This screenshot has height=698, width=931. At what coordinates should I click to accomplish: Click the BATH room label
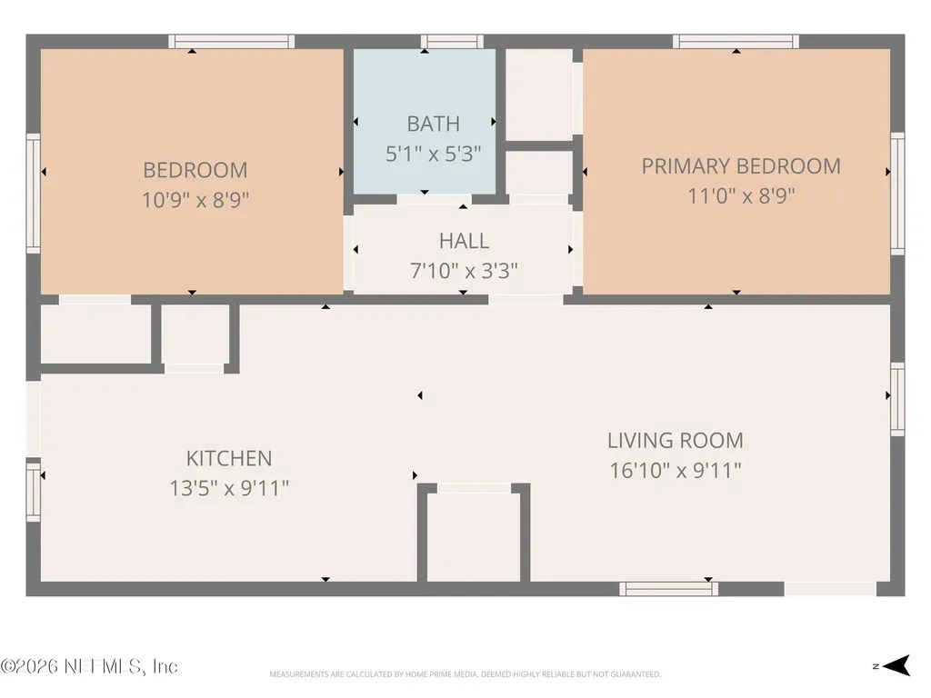(x=434, y=124)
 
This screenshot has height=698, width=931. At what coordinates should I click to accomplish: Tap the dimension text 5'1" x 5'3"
(x=434, y=154)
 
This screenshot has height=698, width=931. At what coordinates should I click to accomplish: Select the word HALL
(x=465, y=240)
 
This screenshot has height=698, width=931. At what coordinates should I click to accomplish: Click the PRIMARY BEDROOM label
(x=741, y=165)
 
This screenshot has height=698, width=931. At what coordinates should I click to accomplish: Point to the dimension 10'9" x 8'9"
(x=195, y=200)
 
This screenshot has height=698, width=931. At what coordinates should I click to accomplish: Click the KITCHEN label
(x=229, y=458)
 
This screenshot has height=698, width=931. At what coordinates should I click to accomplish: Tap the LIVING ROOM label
(x=676, y=441)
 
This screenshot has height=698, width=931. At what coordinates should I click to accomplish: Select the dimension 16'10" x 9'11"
(x=676, y=471)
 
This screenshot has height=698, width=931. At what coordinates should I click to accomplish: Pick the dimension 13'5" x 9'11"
(x=229, y=488)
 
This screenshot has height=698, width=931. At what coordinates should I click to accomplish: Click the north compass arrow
(x=896, y=665)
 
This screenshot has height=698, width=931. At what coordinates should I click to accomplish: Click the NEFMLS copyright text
(x=89, y=666)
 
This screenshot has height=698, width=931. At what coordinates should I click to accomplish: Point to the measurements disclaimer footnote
(x=465, y=674)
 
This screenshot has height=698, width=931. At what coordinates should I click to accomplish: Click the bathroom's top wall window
(x=453, y=42)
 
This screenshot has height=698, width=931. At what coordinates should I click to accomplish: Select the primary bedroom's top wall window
(x=736, y=42)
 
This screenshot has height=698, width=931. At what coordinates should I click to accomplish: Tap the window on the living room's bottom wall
(x=669, y=589)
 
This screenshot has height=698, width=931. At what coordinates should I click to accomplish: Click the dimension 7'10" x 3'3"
(x=465, y=271)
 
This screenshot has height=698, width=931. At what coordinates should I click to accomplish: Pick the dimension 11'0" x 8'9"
(x=741, y=196)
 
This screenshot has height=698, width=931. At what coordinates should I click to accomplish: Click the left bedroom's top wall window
(x=232, y=42)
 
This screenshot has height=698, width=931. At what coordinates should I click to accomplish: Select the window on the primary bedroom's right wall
(x=897, y=194)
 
